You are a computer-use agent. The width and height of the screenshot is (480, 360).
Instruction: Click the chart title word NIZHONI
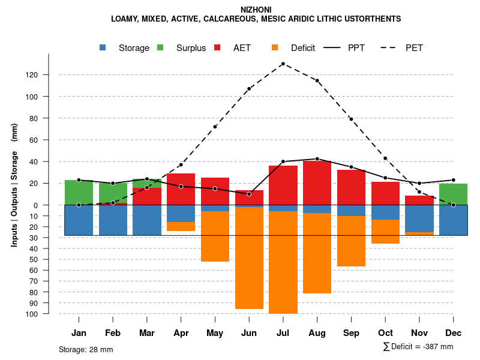tap(256, 10)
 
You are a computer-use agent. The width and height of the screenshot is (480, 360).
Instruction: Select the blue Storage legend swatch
tap(104, 48)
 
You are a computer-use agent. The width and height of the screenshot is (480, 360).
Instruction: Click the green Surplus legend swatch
tap(161, 48)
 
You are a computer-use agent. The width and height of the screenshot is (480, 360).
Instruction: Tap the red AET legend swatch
tap(217, 48)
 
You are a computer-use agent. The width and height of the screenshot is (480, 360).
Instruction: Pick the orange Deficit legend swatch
tap(275, 48)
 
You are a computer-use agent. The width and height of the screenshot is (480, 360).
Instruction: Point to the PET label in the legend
tap(414, 48)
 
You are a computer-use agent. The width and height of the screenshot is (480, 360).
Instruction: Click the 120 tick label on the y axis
tap(49, 74)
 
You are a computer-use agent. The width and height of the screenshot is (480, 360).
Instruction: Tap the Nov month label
tap(419, 333)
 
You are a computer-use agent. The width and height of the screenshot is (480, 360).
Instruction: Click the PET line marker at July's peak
tap(283, 64)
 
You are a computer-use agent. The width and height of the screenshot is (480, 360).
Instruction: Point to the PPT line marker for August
tap(317, 159)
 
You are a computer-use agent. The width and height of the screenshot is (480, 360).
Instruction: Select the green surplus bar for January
tap(79, 193)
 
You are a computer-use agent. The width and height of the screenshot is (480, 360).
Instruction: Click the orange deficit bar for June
tap(249, 258)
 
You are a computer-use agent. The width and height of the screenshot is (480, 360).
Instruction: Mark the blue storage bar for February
tap(113, 220)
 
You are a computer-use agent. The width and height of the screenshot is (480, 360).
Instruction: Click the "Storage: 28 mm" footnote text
tap(86, 349)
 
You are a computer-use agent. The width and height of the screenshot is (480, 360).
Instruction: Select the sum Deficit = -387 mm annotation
tap(418, 347)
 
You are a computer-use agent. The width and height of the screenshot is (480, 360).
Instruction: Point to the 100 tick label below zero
tap(49, 314)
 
